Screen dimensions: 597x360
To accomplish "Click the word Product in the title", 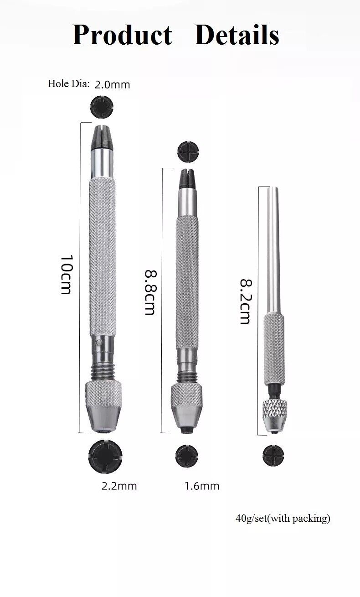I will point(122,35).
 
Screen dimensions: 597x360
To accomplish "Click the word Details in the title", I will point(237,35).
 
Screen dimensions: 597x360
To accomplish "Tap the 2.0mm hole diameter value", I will point(112,84).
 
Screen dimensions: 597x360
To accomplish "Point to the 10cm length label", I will point(67,275).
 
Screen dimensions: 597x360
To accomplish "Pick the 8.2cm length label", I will point(245,301).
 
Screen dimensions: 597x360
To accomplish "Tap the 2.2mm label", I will point(119,486).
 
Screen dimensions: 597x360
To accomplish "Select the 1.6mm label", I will point(201,486).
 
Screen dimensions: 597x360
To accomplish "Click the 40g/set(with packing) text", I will point(283,519).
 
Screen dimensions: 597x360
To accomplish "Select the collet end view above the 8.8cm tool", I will point(187,150).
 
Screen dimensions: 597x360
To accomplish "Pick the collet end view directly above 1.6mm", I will point(187,454).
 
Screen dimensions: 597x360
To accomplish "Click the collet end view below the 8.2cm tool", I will point(273,454).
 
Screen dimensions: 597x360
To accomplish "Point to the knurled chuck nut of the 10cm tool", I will point(104,393).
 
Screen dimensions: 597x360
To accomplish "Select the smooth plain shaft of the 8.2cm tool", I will point(274,246).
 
